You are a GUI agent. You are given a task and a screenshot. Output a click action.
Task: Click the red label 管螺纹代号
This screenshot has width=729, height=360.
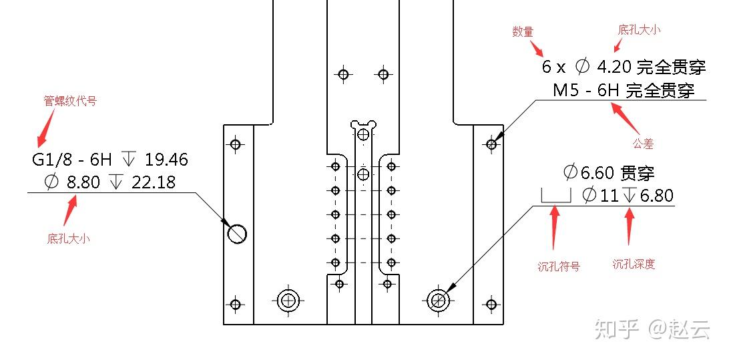point(70,102)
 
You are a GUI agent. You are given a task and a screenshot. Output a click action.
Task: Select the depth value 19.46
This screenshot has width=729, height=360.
point(166,160)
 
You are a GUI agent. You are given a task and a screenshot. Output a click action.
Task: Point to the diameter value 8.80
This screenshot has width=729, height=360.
point(85,182)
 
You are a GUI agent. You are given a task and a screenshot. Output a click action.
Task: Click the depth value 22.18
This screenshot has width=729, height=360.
point(154,182)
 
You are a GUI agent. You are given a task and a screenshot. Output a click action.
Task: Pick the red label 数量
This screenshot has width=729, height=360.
point(523,31)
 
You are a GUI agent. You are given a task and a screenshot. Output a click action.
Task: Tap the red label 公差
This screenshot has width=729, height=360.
point(643,144)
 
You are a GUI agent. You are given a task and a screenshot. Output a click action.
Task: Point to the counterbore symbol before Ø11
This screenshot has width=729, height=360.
point(555,196)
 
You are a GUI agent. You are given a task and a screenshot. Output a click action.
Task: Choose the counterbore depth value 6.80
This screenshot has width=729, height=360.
point(656,196)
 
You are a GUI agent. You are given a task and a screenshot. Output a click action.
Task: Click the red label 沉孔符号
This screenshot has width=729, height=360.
point(559,266)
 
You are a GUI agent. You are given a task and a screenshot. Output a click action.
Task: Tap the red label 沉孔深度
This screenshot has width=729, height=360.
point(634,264)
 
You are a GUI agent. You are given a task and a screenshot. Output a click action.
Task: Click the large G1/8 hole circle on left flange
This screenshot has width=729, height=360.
point(237,233)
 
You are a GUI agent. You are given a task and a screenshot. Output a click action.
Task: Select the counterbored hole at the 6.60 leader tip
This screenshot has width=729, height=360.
point(439,301)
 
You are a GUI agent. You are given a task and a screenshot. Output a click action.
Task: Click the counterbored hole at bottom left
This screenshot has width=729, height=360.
point(288,301)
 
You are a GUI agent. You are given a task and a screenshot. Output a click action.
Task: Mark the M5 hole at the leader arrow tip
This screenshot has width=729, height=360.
point(492,144)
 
